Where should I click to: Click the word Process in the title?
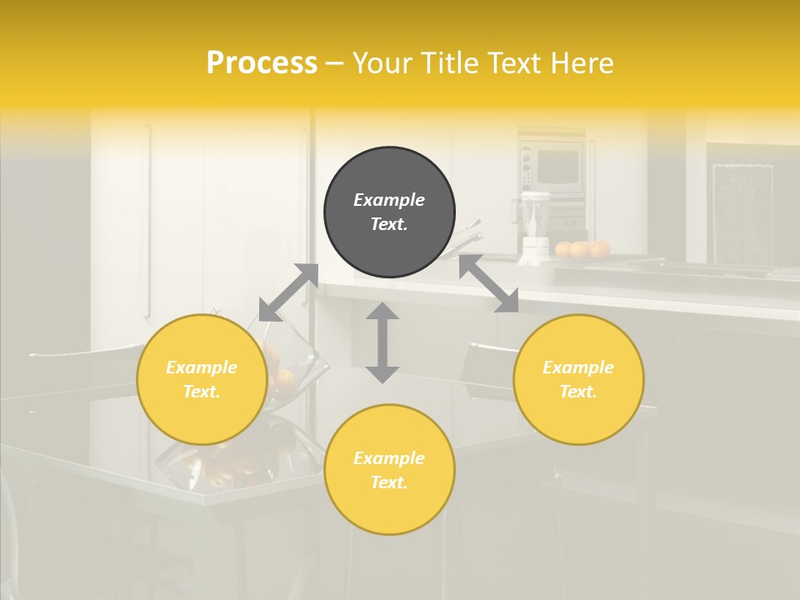pyautogui.click(x=262, y=63)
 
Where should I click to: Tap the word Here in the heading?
pyautogui.click(x=582, y=63)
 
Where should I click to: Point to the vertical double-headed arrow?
pyautogui.click(x=382, y=342)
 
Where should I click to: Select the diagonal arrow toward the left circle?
pyautogui.click(x=288, y=292)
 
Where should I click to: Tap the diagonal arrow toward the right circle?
pyautogui.click(x=488, y=283)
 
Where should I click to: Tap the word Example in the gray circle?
pyautogui.click(x=389, y=200)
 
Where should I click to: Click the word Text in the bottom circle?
pyautogui.click(x=389, y=482)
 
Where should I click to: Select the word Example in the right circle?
pyautogui.click(x=578, y=367)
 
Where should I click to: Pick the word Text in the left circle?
pyautogui.click(x=202, y=392)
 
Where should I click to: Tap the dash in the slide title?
pyautogui.click(x=335, y=63)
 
